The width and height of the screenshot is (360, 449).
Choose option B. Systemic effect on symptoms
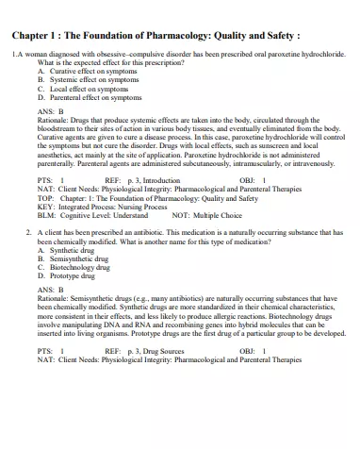pyautogui.click(x=90, y=80)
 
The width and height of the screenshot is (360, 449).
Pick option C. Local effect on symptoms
pyautogui.click(x=85, y=89)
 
